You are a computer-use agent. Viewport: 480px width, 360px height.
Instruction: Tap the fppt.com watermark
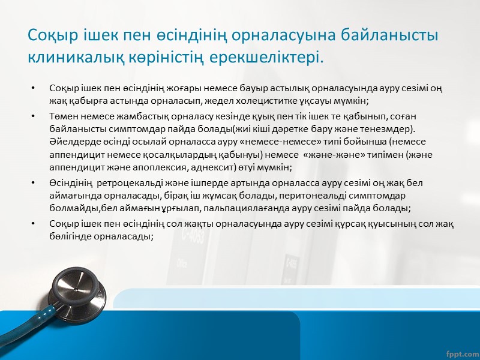pos(460,348)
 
